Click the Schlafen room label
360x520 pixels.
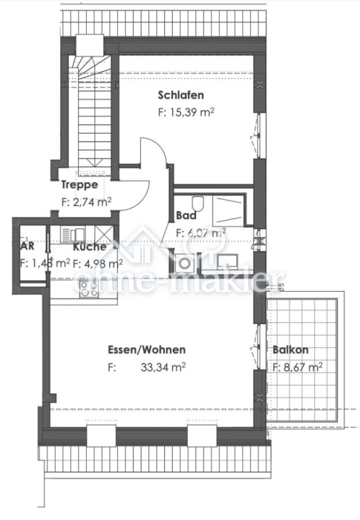pyautogui.click(x=180, y=95)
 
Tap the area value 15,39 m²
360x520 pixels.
pyautogui.click(x=185, y=113)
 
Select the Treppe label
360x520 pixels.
pyautogui.click(x=80, y=185)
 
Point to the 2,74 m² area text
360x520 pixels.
pyautogui.click(x=86, y=202)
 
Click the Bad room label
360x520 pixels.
pyautogui.click(x=186, y=216)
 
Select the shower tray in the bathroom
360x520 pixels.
pyautogui.click(x=230, y=210)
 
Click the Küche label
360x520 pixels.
pyautogui.click(x=89, y=247)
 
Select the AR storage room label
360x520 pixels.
pyautogui.click(x=27, y=246)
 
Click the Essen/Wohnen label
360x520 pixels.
pyautogui.click(x=147, y=350)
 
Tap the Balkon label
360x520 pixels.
pyautogui.click(x=290, y=350)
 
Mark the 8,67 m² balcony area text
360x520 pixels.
pyautogui.click(x=298, y=366)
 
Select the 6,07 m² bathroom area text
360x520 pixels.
pyautogui.click(x=201, y=232)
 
